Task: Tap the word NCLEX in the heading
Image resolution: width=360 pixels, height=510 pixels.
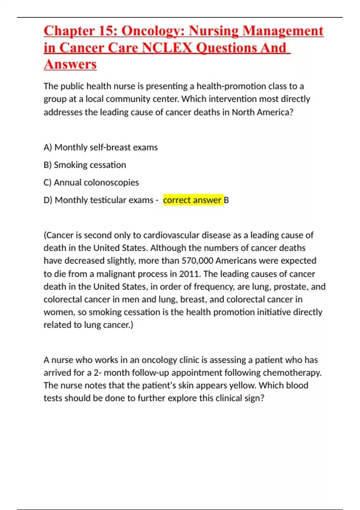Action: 166,48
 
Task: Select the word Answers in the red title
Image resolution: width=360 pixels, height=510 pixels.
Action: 70,64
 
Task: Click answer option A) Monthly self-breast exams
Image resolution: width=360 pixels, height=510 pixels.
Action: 100,147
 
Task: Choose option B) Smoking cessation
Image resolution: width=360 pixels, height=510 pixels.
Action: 85,165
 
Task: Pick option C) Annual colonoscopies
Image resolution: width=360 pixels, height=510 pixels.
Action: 91,182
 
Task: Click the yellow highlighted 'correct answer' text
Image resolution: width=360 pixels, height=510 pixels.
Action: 192,200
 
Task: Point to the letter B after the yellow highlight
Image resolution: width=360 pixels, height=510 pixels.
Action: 226,200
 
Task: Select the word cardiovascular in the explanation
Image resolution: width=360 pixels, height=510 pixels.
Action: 171,235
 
